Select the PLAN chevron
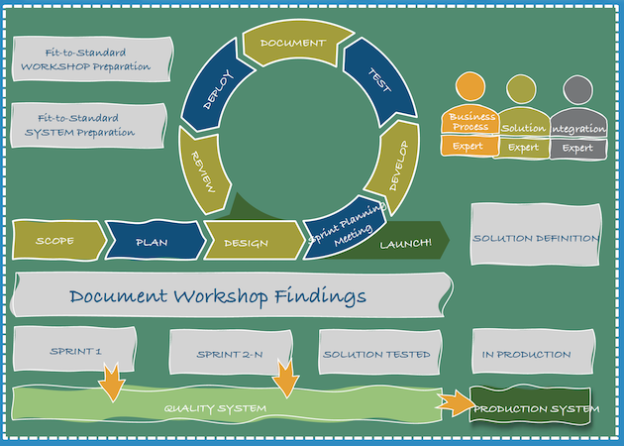pyautogui.click(x=152, y=241)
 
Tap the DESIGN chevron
pyautogui.click(x=247, y=241)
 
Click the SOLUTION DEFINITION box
pyautogui.click(x=535, y=238)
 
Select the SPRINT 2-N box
pyautogui.click(x=230, y=353)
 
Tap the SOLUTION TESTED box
pyautogui.click(x=376, y=353)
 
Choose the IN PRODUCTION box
pyautogui.click(x=526, y=353)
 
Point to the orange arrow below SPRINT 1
pyautogui.click(x=110, y=383)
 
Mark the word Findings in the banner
pyautogui.click(x=320, y=295)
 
